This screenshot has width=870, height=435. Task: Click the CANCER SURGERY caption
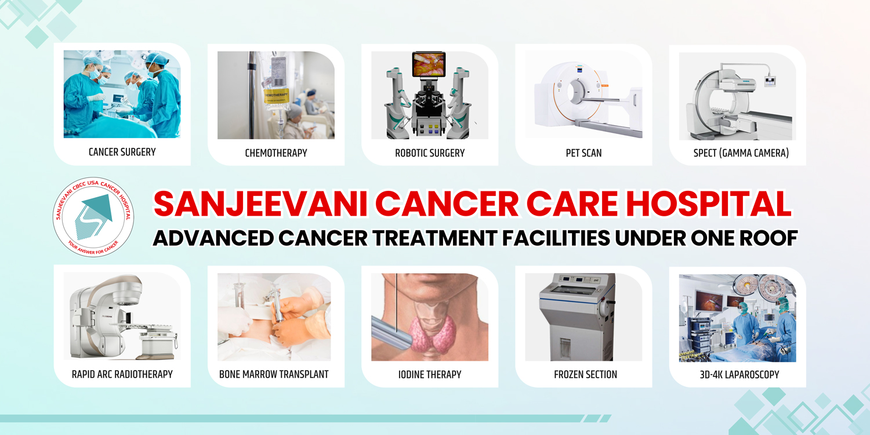click(x=122, y=152)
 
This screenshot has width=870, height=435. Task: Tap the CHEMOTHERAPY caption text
click(x=275, y=153)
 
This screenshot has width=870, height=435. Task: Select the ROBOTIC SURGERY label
click(x=430, y=153)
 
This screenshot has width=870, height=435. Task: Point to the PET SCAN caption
click(x=583, y=153)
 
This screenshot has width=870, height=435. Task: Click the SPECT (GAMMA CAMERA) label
click(x=741, y=153)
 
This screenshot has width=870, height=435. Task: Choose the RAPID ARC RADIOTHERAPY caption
click(x=122, y=374)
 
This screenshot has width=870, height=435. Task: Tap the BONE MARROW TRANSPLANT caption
click(x=274, y=374)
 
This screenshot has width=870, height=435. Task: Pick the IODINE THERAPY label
click(x=430, y=375)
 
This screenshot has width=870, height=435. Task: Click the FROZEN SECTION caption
click(x=585, y=375)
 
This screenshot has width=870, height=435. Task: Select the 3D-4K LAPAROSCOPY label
click(x=739, y=375)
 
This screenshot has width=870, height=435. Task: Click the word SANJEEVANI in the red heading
click(x=260, y=204)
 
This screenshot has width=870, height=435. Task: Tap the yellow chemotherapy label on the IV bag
click(x=276, y=96)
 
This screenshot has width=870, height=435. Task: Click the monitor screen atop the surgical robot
click(x=429, y=64)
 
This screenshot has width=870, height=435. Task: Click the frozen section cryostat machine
click(x=577, y=317)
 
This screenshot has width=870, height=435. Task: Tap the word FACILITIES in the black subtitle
click(x=556, y=238)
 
